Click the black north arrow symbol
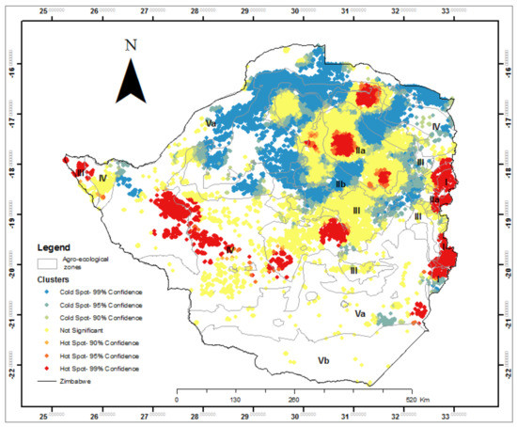[x=132, y=83]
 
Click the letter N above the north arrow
[x=131, y=45]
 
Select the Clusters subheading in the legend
[x=54, y=280]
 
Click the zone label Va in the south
[x=360, y=325]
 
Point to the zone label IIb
[x=341, y=183]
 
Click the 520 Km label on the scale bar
[x=407, y=398]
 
